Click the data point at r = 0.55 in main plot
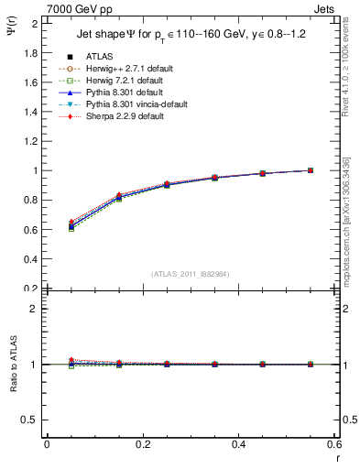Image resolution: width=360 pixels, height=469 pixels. click(311, 170)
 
